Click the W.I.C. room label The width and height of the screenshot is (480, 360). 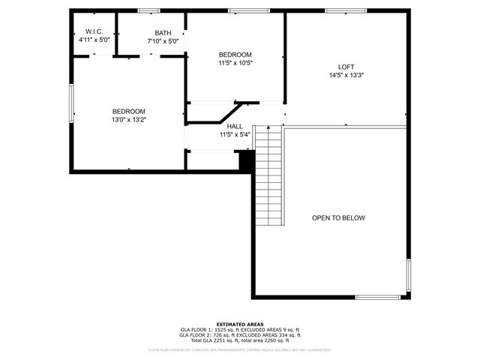tap(94, 31)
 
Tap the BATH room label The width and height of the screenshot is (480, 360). tap(163, 33)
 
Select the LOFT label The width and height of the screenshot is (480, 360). tap(346, 67)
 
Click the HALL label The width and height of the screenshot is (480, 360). tap(235, 127)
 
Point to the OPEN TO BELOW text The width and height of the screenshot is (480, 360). tap(338, 218)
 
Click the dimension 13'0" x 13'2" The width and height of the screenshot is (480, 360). tap(129, 119)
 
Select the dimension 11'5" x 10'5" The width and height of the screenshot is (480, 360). tap(235, 63)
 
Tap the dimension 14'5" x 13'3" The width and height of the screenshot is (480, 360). tap(346, 75)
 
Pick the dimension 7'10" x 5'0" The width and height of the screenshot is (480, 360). tap(163, 41)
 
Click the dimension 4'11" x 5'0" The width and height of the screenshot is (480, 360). tap(94, 40)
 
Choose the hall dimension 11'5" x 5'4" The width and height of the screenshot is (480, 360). tap(235, 135)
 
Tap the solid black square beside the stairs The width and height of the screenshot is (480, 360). tap(244, 160)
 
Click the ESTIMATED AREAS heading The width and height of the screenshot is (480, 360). tap(239, 324)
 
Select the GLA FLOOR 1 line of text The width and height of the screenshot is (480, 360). tap(239, 329)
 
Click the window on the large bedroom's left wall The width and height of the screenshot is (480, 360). tap(71, 101)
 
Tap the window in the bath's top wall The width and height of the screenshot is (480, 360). tap(149, 10)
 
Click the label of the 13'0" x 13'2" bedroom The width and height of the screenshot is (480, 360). tap(129, 111)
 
